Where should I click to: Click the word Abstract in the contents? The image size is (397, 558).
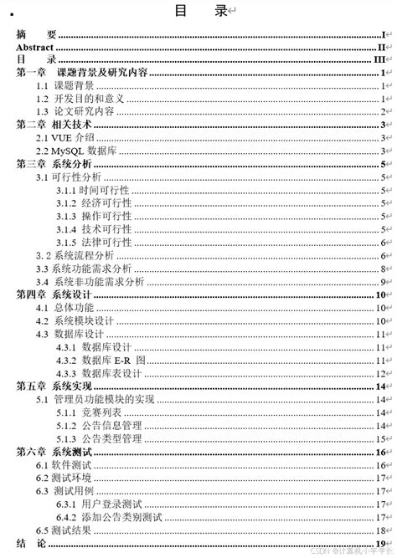coord(35,48)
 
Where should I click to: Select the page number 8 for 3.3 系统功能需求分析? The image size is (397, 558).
coord(382,269)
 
